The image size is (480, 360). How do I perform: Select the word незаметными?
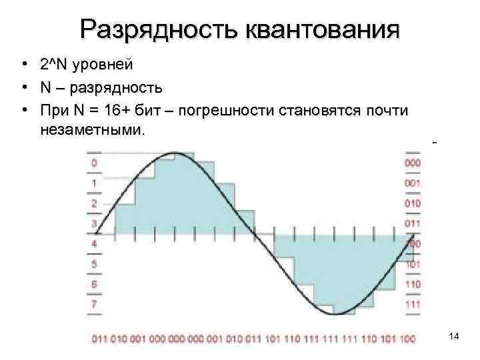click(x=91, y=130)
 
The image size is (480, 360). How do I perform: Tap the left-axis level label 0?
click(x=93, y=162)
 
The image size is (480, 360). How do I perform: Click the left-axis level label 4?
click(x=93, y=243)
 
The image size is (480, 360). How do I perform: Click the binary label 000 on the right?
click(x=412, y=162)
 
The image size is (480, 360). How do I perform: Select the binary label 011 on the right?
click(x=412, y=223)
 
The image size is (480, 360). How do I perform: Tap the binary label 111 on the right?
click(x=412, y=305)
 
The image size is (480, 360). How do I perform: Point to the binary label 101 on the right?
click(x=412, y=264)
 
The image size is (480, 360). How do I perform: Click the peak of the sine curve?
click(x=175, y=154)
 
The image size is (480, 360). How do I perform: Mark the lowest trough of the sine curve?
click(x=337, y=313)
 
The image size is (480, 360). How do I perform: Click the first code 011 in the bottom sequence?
click(x=99, y=339)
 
